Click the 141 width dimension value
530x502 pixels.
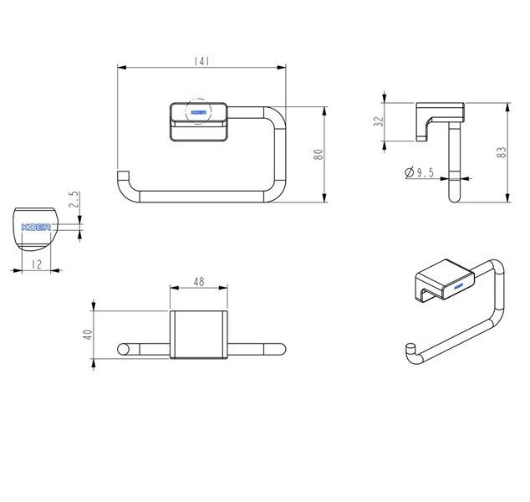(201, 61)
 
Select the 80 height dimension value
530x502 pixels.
(319, 154)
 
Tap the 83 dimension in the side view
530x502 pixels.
(502, 152)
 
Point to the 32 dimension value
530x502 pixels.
(380, 121)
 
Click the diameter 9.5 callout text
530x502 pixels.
(420, 172)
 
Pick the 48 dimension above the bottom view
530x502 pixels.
(199, 281)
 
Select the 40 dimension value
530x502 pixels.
(88, 335)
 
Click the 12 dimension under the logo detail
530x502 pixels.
(36, 264)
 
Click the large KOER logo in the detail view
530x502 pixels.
(36, 227)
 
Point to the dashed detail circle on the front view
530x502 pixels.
(198, 111)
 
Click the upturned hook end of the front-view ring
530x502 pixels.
(124, 175)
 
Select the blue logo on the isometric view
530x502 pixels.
(458, 287)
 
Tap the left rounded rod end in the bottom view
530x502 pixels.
(124, 349)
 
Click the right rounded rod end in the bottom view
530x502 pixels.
(280, 349)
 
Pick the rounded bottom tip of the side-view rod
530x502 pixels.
(454, 198)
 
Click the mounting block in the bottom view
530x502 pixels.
(198, 335)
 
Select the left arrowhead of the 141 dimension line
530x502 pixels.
(122, 67)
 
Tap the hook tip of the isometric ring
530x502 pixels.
(410, 347)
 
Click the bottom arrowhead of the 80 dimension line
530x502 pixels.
(324, 198)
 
